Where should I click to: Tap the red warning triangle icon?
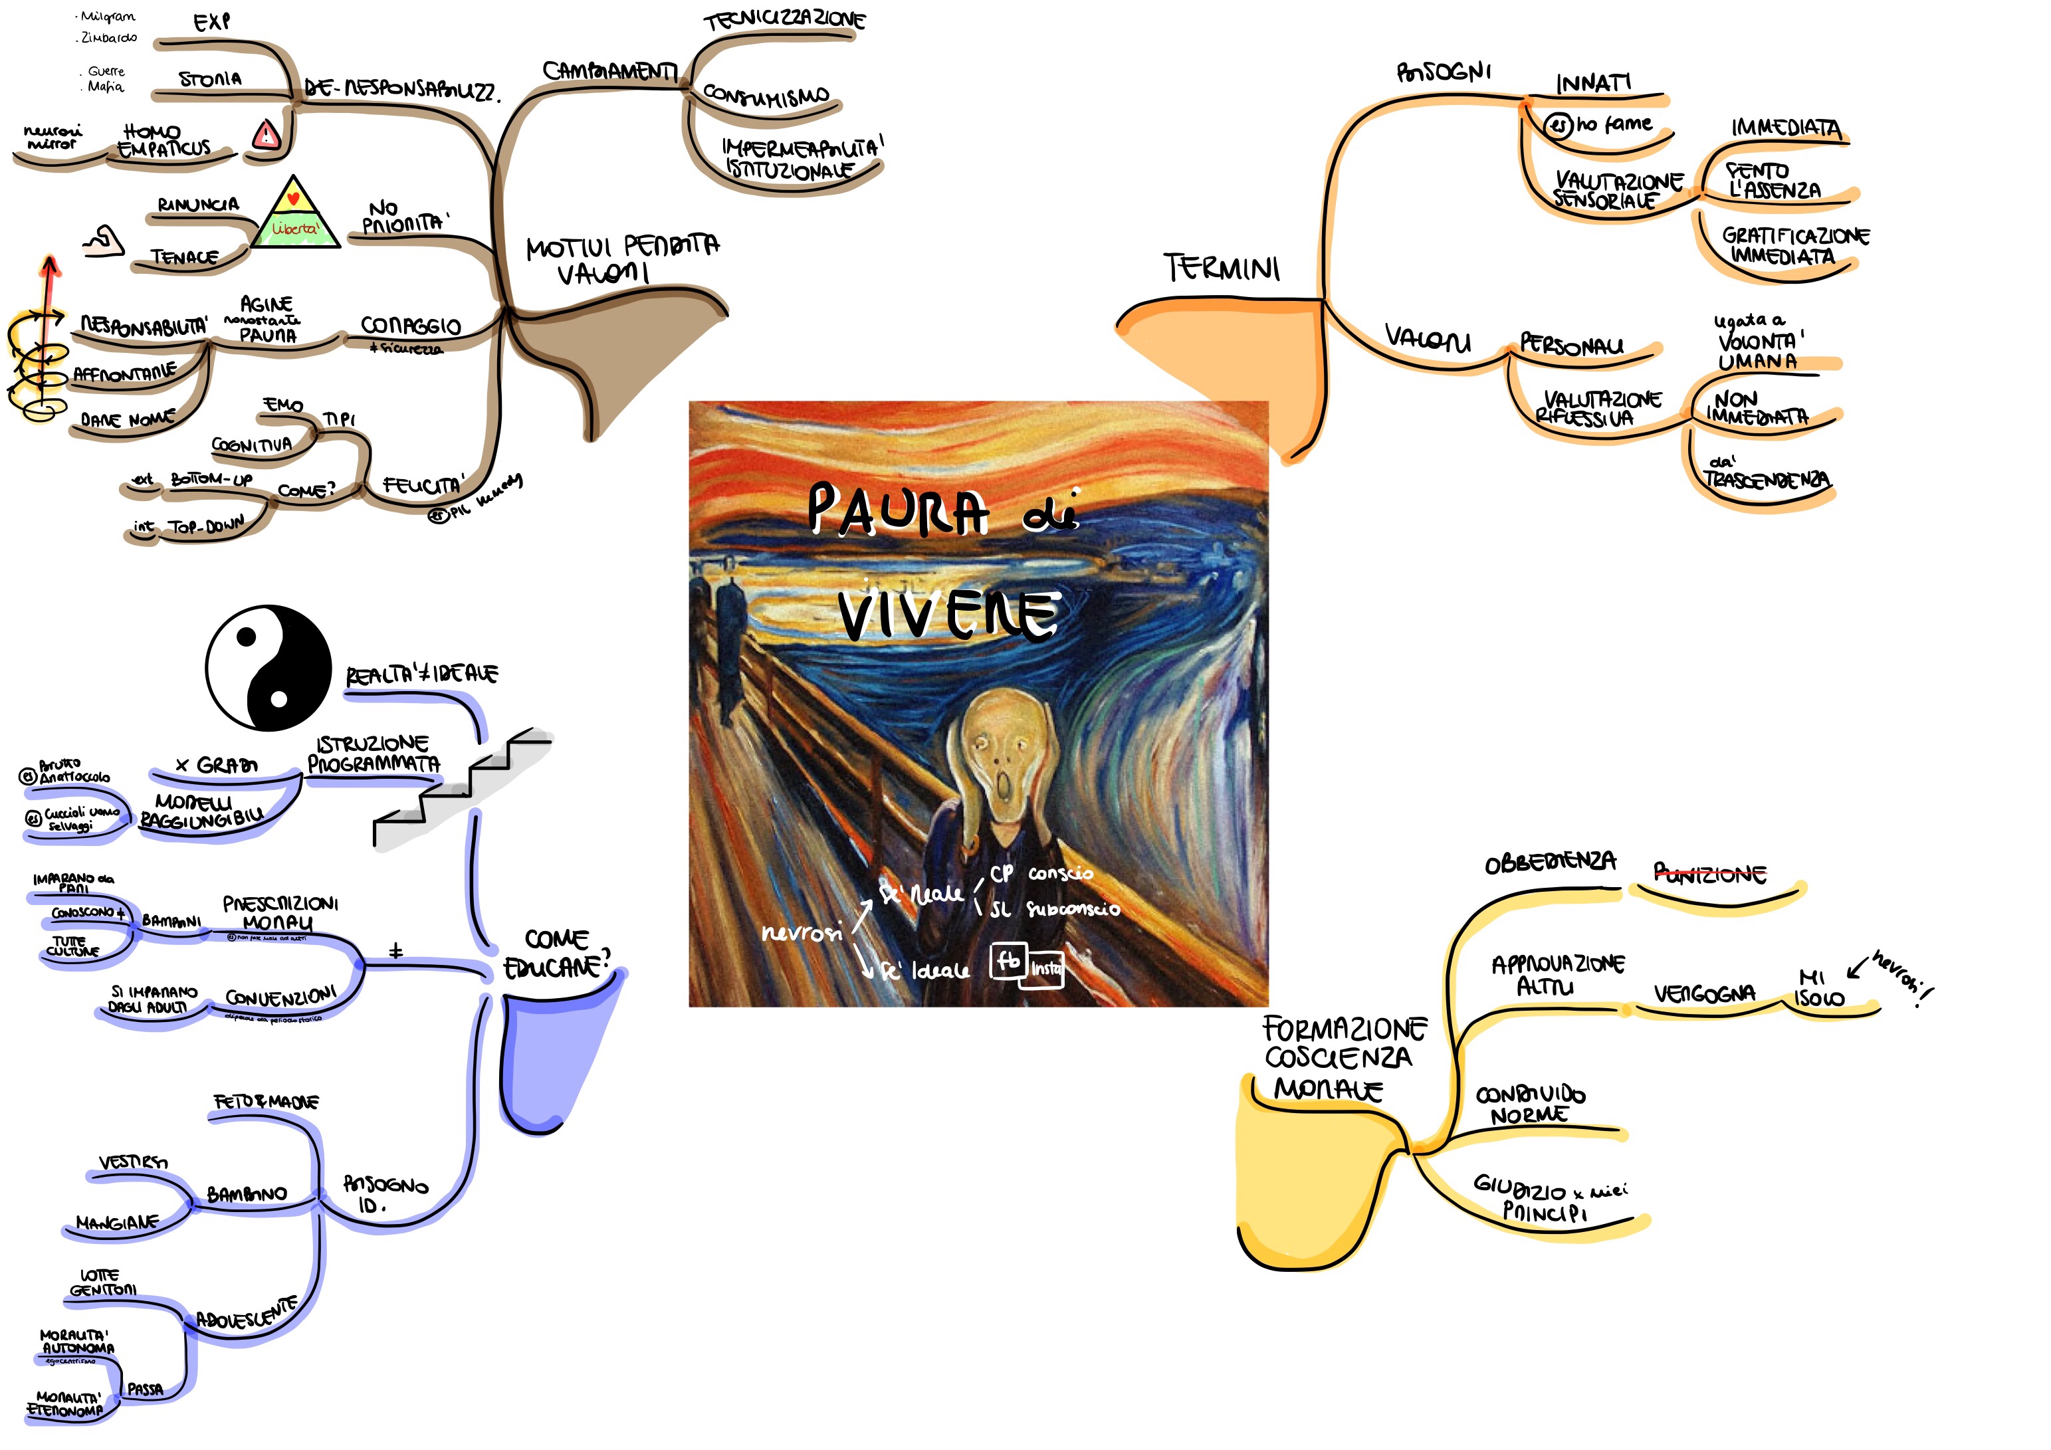pos(267,136)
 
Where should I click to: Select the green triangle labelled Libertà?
pos(295,215)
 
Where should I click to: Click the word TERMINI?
pos(1221,267)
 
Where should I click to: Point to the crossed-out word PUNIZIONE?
pos(1709,873)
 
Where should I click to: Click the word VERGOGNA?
pos(1703,993)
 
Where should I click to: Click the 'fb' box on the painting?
pos(1008,962)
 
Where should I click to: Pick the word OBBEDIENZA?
pos(1550,862)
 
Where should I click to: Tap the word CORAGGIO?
pos(410,325)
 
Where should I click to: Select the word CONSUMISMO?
pos(766,95)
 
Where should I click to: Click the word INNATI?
pos(1592,83)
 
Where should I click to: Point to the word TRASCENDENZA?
pos(1766,480)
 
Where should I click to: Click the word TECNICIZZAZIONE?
pos(784,21)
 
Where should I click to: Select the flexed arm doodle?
pos(104,241)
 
